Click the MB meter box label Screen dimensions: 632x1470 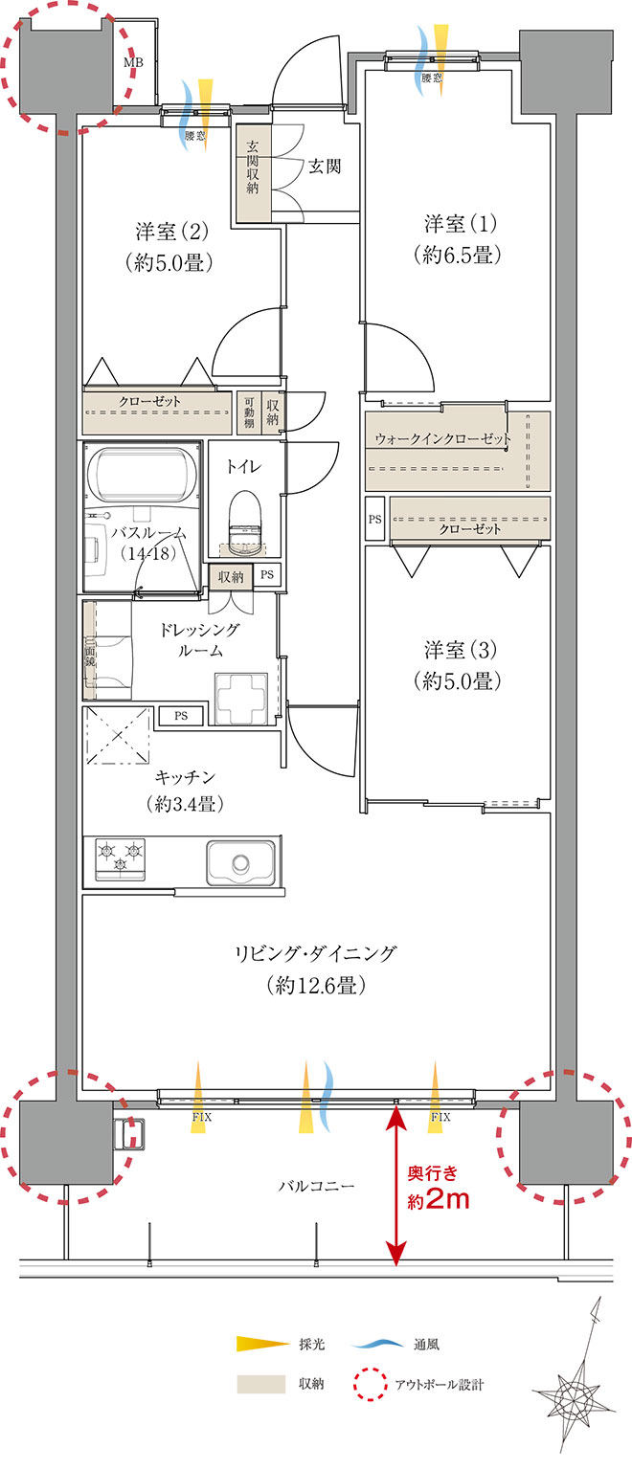tap(133, 63)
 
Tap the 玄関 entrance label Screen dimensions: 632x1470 tap(325, 167)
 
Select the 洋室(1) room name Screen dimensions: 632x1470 tap(461, 225)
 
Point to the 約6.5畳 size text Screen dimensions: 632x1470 tap(458, 255)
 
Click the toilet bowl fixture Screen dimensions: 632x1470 tap(245, 519)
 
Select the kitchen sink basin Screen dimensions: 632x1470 tap(240, 862)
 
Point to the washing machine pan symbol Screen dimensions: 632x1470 tap(241, 699)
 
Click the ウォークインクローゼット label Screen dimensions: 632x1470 tap(443, 438)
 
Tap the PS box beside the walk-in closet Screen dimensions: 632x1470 tap(374, 519)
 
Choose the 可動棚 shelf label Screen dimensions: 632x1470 tap(249, 412)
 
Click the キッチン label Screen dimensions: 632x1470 tap(185, 777)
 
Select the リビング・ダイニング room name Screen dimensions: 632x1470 tap(316, 953)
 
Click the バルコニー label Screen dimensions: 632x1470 tap(317, 1186)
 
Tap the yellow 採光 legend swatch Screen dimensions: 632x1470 tap(262, 1344)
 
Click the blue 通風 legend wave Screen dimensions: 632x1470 tap(377, 1344)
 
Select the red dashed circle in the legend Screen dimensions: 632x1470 tap(370, 1385)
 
